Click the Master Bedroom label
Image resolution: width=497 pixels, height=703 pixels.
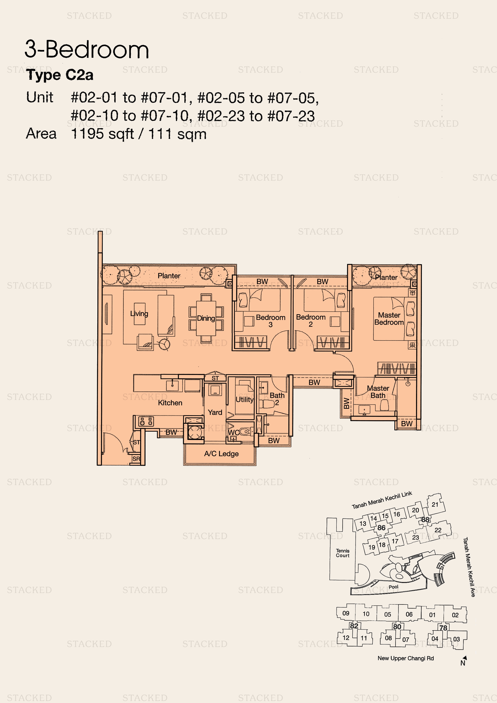[x=389, y=319]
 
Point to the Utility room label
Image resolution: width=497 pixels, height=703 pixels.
[x=244, y=400]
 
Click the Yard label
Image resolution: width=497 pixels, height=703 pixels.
[x=215, y=412]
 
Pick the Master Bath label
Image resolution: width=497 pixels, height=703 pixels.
[x=378, y=392]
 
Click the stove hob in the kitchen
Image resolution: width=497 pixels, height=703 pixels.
[x=146, y=422]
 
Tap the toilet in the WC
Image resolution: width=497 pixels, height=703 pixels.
[x=245, y=432]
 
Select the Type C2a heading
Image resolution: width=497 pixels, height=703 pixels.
[x=60, y=75]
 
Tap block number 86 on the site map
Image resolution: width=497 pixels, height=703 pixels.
[x=381, y=528]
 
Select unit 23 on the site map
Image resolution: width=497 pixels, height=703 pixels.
[x=415, y=537]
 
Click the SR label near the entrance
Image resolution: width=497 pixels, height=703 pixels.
[x=136, y=459]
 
